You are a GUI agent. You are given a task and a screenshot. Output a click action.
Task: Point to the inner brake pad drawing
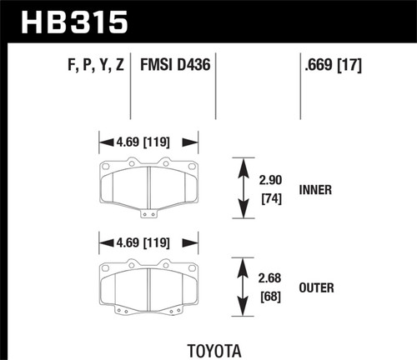coord(148,185)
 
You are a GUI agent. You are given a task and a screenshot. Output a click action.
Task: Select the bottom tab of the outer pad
coord(148,315)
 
